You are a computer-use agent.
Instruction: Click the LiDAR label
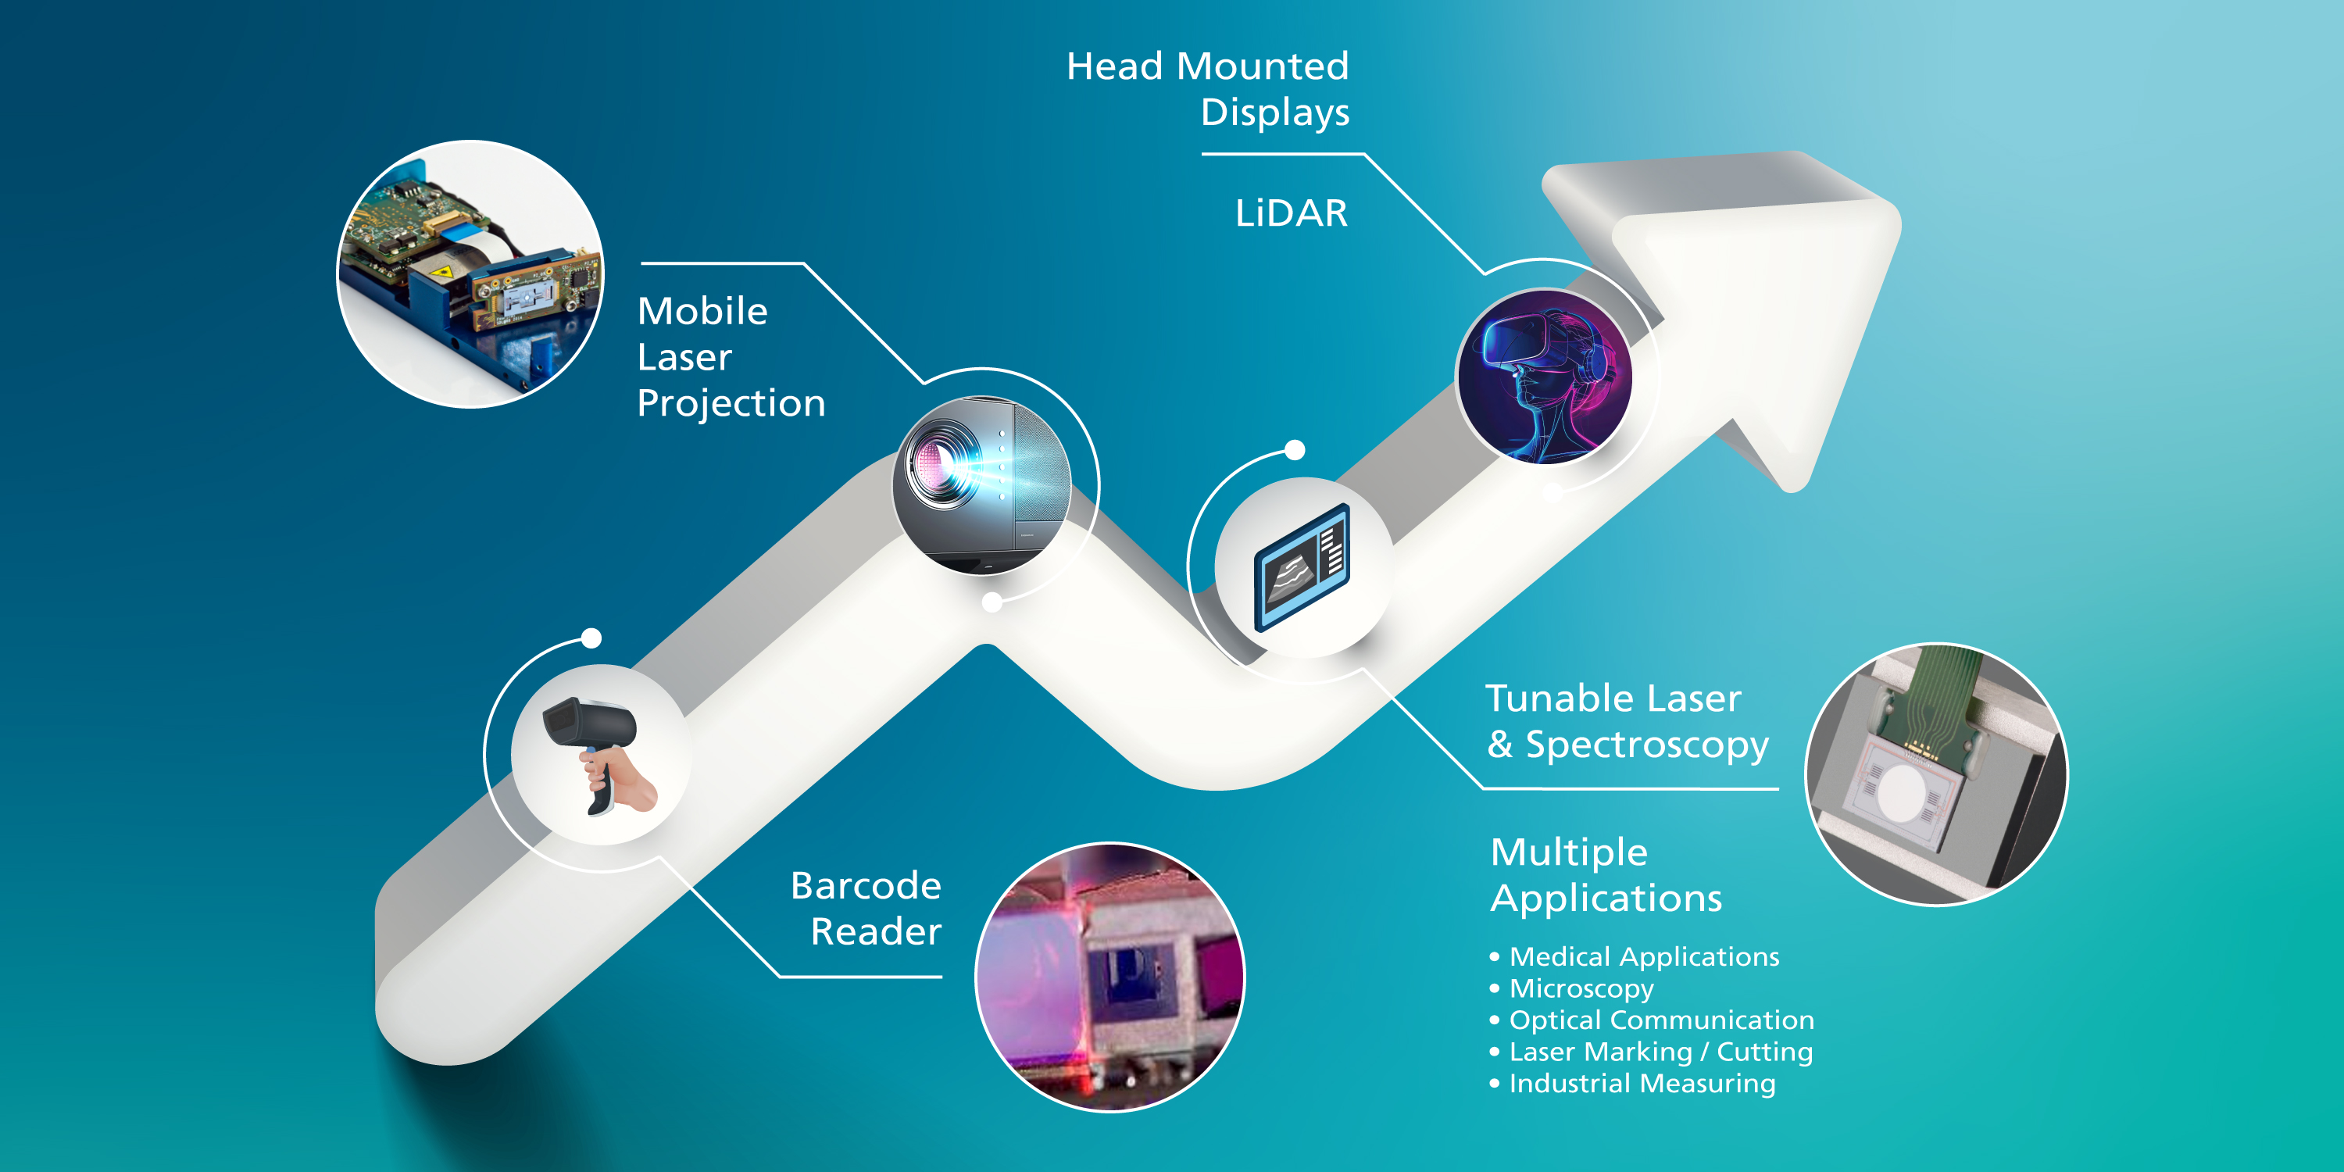pos(1292,213)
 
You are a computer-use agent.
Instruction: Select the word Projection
pos(731,404)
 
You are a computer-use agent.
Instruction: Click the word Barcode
pos(866,885)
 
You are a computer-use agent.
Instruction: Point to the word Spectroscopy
pos(1647,746)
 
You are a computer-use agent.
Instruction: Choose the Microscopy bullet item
pos(1581,989)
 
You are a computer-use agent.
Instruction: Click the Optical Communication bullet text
pos(1662,1020)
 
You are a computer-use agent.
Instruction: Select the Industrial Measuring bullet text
pos(1642,1084)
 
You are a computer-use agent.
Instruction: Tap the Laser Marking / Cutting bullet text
pos(1660,1052)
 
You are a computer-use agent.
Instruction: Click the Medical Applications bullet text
pos(1644,957)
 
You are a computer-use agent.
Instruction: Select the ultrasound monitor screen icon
pos(1302,567)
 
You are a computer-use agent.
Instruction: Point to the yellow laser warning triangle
pos(442,272)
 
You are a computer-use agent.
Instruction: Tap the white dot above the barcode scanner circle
pos(591,638)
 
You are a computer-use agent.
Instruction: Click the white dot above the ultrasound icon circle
pos(1295,449)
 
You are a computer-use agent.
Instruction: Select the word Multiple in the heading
pos(1569,852)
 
